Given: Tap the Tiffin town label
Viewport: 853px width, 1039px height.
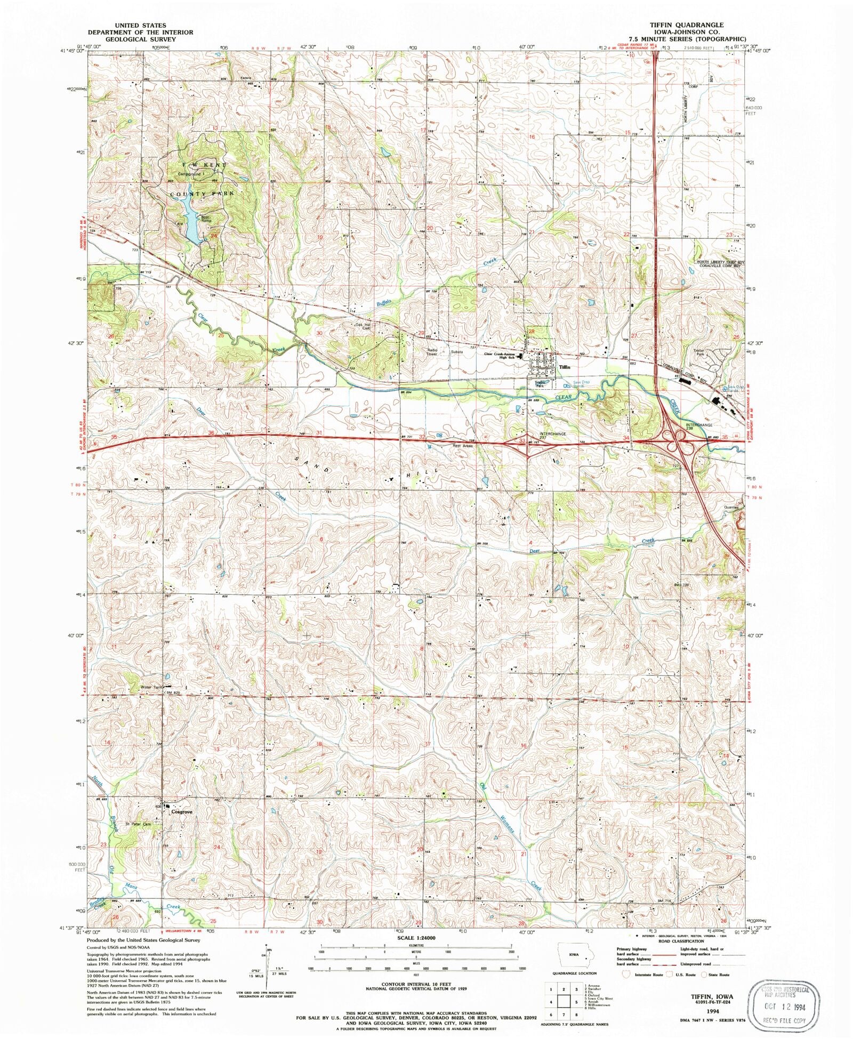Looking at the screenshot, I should [x=565, y=367].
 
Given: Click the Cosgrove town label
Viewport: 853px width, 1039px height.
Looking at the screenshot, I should [x=181, y=811].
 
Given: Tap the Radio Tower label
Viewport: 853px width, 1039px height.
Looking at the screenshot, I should [x=432, y=352].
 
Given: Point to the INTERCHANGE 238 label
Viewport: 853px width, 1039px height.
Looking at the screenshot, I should [x=698, y=426].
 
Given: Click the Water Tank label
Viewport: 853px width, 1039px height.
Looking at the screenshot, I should [x=151, y=687].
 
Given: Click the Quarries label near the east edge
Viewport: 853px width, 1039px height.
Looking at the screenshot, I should [x=731, y=508].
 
